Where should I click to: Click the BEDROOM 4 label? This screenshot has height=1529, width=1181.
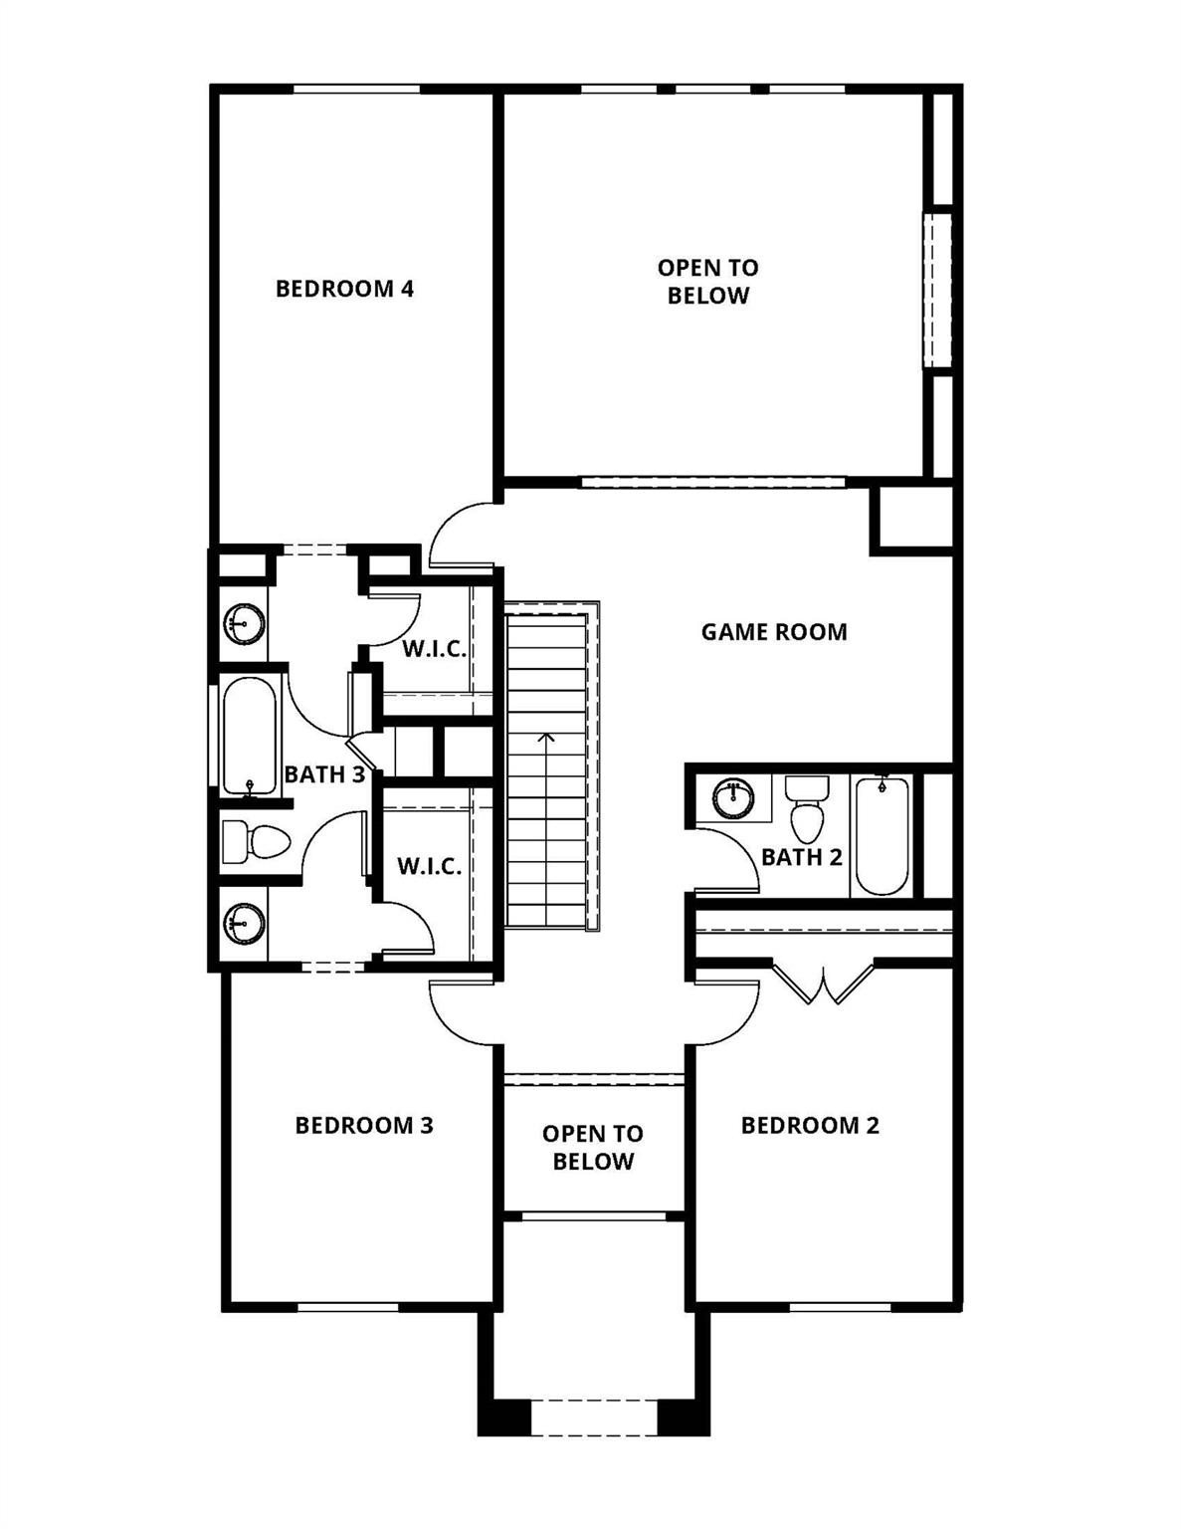click(x=344, y=289)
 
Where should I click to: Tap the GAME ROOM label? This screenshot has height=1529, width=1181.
click(x=774, y=632)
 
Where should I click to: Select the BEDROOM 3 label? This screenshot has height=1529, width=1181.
click(x=364, y=1126)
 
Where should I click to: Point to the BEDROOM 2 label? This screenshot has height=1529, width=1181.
click(x=810, y=1126)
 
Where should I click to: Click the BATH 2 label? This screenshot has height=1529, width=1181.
click(x=801, y=857)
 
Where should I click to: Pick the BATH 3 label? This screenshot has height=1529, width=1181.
click(x=324, y=774)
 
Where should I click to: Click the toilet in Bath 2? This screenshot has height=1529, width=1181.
click(x=807, y=812)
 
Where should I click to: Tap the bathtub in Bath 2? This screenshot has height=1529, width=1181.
click(x=882, y=836)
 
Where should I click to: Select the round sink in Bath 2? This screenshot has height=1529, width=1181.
click(x=733, y=797)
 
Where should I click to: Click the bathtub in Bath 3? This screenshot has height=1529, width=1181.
click(x=249, y=736)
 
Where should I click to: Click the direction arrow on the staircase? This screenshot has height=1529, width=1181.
click(x=545, y=739)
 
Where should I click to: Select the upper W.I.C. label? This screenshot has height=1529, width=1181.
click(x=434, y=650)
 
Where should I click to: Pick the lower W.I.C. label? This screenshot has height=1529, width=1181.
click(x=430, y=867)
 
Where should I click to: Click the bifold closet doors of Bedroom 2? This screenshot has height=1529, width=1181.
click(x=824, y=983)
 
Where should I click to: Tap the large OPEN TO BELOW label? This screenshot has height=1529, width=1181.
click(x=707, y=282)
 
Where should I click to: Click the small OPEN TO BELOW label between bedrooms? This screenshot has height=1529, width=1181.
click(x=593, y=1148)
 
